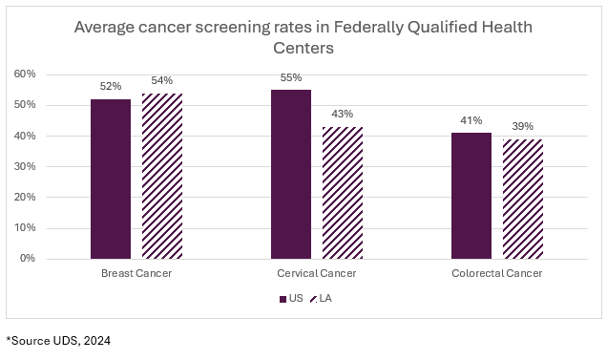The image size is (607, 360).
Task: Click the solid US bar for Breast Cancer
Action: [110, 179]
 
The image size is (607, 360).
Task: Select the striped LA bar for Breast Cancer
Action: [161, 176]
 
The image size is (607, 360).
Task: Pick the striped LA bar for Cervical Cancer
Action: [342, 192]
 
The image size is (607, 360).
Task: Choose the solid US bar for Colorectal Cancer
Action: [471, 196]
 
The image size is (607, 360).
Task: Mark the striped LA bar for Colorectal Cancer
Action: [522, 199]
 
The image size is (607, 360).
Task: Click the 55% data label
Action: [290, 78]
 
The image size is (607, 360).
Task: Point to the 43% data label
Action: [342, 115]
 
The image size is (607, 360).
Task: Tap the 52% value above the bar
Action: [110, 87]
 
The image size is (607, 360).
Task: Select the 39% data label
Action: [522, 127]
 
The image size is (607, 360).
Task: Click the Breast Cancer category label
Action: [136, 273]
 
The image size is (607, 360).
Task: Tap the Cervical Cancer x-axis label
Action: [316, 273]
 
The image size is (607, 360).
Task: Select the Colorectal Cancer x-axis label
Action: [496, 273]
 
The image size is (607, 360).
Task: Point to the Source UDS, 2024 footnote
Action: [59, 340]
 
